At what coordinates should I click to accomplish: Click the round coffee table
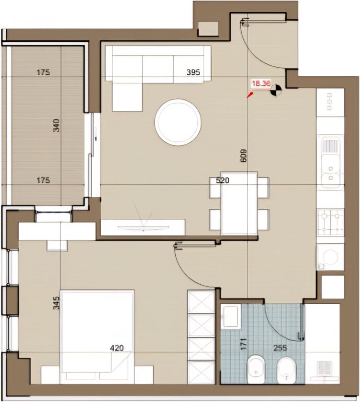pos(178,122)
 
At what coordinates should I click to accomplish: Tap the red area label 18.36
pos(262,83)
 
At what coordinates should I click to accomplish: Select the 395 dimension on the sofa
pos(194,73)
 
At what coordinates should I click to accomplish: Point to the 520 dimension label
pos(223,181)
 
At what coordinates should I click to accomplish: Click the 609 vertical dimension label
pos(243,155)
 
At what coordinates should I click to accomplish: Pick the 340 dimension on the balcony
pos(57,126)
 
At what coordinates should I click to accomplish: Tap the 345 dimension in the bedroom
pos(57,303)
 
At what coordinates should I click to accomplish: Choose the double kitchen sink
pos(330,162)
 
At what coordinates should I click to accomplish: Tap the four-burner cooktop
pos(330,221)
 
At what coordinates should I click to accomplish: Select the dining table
pos(239,203)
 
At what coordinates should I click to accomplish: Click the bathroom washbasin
pos(230,316)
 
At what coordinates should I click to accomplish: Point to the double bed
pos(98,335)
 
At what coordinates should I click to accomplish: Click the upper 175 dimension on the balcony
pos(43,73)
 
